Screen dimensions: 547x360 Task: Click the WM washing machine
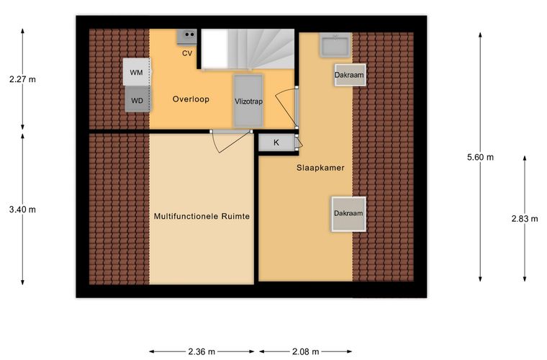click(x=137, y=72)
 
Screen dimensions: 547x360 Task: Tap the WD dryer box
click(x=137, y=99)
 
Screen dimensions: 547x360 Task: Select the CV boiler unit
click(x=187, y=37)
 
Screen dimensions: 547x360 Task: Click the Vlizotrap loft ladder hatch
click(x=248, y=101)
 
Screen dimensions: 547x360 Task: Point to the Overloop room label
click(x=191, y=99)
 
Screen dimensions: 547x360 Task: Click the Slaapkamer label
click(x=320, y=168)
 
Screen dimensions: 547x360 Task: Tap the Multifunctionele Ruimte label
click(x=202, y=216)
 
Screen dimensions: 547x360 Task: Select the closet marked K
click(x=276, y=143)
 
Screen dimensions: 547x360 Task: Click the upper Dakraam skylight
click(x=350, y=75)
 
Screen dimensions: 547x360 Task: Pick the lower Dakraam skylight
click(x=348, y=214)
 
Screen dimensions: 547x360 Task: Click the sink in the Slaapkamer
click(x=335, y=45)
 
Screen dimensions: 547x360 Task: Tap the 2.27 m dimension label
click(x=22, y=79)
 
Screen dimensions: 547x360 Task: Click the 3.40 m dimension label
click(x=22, y=210)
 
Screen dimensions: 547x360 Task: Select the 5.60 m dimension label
click(x=480, y=158)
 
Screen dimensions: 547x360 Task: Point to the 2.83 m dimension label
click(x=525, y=219)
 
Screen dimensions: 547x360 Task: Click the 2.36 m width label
click(x=202, y=351)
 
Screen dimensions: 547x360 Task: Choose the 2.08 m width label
click(x=306, y=351)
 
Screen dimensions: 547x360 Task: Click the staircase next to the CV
click(x=248, y=49)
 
